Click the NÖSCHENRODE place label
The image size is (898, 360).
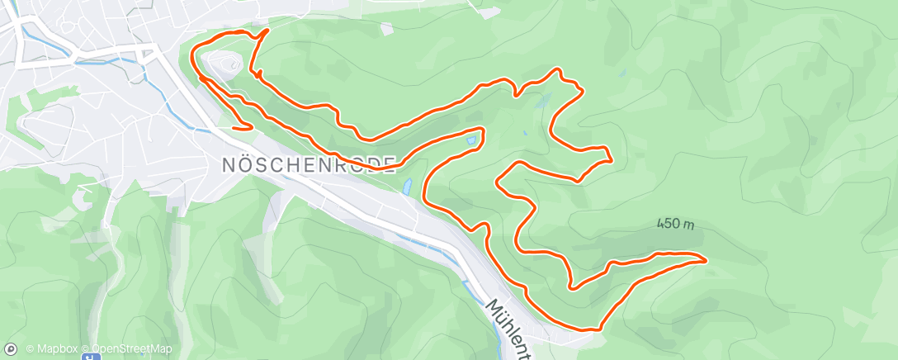click(309, 163)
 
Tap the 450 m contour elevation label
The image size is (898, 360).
click(675, 224)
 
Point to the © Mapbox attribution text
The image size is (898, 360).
click(54, 349)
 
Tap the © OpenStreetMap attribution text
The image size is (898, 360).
click(132, 349)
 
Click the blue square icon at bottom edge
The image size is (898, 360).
click(92, 356)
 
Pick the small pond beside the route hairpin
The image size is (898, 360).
click(471, 140)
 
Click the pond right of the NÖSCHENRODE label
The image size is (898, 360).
click(408, 187)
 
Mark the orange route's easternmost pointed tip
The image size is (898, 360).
click(706, 260)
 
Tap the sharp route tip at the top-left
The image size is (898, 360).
click(267, 31)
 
